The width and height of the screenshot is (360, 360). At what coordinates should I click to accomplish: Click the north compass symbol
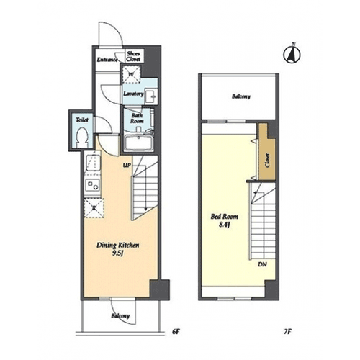(292, 54)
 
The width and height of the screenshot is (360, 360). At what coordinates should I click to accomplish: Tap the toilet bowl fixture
(82, 137)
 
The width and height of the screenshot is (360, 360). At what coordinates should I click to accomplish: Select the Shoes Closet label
(133, 56)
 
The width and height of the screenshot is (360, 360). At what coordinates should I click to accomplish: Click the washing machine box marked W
(131, 74)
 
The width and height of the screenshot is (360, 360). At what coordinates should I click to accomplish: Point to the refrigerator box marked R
(94, 208)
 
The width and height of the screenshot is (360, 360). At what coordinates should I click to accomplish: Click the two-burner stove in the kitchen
(93, 185)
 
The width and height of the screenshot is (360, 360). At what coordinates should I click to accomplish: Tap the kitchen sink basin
(94, 163)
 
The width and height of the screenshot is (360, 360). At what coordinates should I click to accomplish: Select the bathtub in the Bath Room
(139, 143)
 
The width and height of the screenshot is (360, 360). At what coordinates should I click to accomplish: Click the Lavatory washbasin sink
(151, 96)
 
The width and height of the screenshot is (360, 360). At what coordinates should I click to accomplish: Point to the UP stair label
(127, 165)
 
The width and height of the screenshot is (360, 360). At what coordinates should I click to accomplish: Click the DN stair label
(262, 264)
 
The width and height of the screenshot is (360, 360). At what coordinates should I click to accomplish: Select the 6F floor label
(176, 332)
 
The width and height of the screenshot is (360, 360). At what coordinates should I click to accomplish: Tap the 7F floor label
(287, 332)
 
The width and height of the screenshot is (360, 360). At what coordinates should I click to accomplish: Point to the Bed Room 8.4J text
(225, 220)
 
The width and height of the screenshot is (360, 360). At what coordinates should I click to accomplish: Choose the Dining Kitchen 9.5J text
(118, 249)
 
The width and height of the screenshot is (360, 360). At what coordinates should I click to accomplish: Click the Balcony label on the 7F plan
(241, 96)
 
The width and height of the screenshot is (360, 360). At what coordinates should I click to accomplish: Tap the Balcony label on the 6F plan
(120, 316)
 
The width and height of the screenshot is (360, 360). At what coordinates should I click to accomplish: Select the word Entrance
(107, 60)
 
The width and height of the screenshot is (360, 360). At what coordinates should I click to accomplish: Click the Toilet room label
(82, 120)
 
